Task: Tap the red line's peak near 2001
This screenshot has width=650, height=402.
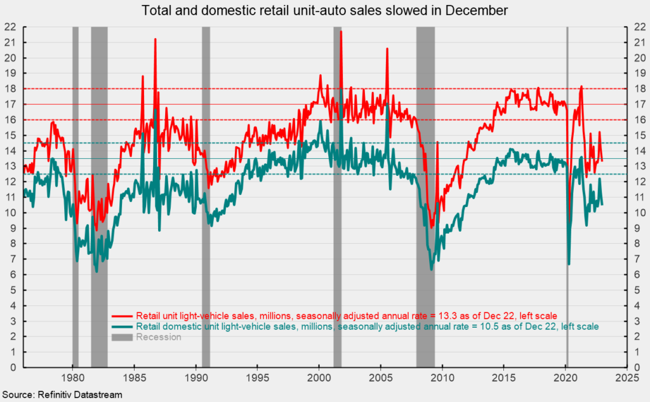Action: pos(341,31)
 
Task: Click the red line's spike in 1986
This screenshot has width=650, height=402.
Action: pos(155,39)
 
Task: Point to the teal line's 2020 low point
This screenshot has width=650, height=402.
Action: pos(569,264)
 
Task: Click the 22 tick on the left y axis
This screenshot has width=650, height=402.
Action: pos(11,27)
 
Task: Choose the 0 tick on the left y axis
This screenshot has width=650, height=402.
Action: pos(13,367)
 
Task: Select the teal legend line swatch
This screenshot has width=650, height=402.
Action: pos(122,326)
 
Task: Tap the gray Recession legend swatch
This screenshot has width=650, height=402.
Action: pos(122,337)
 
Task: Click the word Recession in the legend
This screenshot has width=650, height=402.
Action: pos(158,337)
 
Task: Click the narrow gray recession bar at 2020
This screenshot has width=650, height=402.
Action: pos(567,191)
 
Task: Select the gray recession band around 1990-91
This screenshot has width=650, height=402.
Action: pos(206,191)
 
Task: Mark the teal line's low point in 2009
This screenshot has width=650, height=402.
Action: pos(432,269)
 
